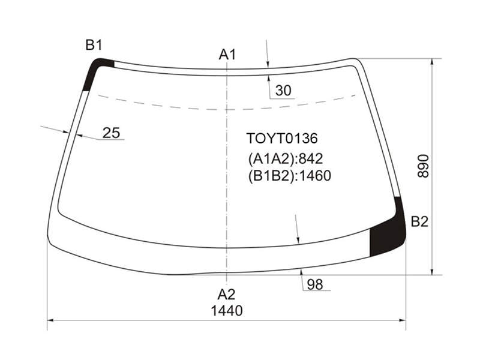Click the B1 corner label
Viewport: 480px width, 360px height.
point(94,46)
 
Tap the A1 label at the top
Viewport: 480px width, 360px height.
point(227,55)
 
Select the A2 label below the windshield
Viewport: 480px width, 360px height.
point(227,295)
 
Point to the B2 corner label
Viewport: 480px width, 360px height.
point(419,221)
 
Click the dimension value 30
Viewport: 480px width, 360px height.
point(283,91)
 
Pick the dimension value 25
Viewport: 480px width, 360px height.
point(111,133)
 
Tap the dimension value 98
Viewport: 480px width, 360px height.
point(315,284)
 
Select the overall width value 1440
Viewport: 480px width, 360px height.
point(227,311)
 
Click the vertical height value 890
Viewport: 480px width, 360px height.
point(424,166)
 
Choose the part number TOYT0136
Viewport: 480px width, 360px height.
point(282,139)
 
